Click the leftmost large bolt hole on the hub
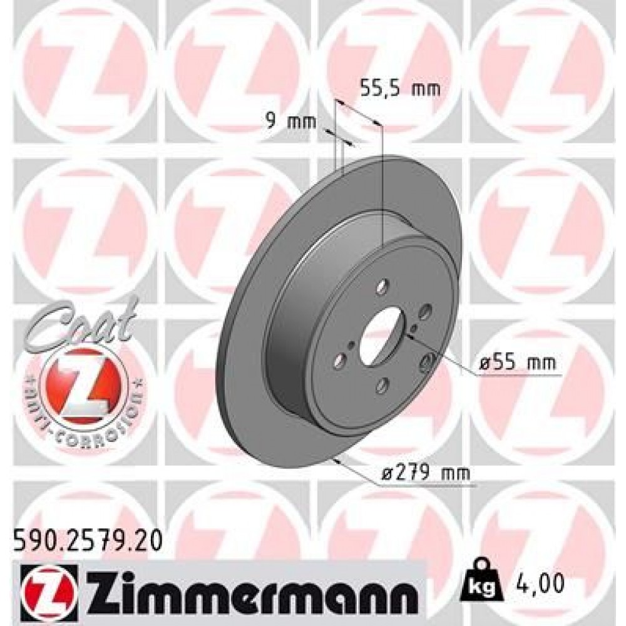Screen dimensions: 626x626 tap(341, 361)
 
